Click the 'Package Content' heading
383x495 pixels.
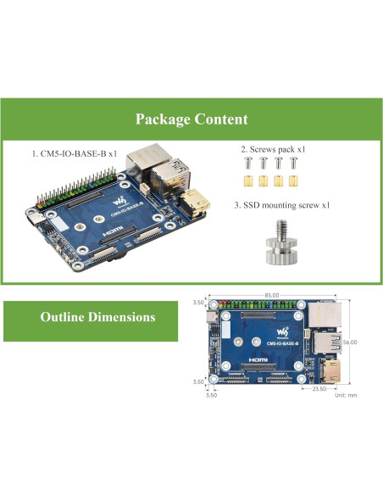[x=191, y=120]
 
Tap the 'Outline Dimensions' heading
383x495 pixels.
[x=98, y=317]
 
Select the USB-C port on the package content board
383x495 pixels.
[x=35, y=222]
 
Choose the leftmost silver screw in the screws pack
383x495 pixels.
[x=247, y=163]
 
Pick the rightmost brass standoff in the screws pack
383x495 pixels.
[x=293, y=181]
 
